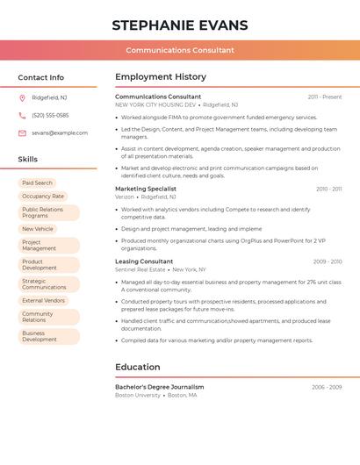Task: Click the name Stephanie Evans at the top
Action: pyautogui.click(x=180, y=25)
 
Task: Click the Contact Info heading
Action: pyautogui.click(x=41, y=77)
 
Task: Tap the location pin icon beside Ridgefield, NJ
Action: pyautogui.click(x=22, y=97)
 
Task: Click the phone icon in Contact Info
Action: pyautogui.click(x=22, y=115)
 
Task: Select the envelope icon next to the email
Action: pyautogui.click(x=22, y=133)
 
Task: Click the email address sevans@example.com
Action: pyautogui.click(x=60, y=133)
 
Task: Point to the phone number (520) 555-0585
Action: pyautogui.click(x=50, y=115)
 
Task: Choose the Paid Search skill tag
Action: pyautogui.click(x=38, y=182)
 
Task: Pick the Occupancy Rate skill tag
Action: pyautogui.click(x=43, y=197)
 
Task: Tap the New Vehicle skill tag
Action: pyautogui.click(x=38, y=229)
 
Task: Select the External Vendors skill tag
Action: pyautogui.click(x=44, y=300)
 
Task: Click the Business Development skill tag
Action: pyautogui.click(x=40, y=336)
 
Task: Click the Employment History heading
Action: pyautogui.click(x=161, y=77)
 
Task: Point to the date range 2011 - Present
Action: pyautogui.click(x=325, y=97)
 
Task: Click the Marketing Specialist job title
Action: pyautogui.click(x=146, y=189)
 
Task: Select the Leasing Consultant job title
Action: pyautogui.click(x=144, y=261)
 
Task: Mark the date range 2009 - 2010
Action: pyautogui.click(x=328, y=261)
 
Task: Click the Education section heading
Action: pyautogui.click(x=138, y=367)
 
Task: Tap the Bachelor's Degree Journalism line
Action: pyautogui.click(x=160, y=387)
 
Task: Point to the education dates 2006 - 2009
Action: pyautogui.click(x=327, y=387)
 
